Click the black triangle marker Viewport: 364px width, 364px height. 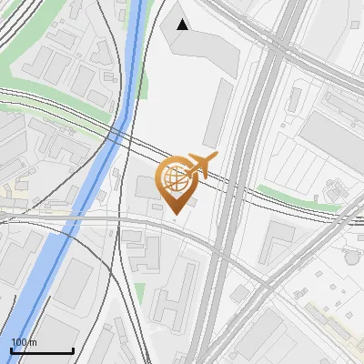pyautogui.click(x=183, y=25)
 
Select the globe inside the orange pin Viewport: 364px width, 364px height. pyautogui.click(x=174, y=176)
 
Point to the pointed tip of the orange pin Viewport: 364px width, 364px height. pyautogui.click(x=174, y=214)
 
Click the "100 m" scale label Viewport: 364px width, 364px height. pyautogui.click(x=24, y=342)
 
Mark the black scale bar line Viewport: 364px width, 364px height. pyautogui.click(x=42, y=351)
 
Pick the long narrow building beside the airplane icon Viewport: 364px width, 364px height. pyautogui.click(x=218, y=114)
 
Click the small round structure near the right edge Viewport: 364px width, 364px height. pyautogui.click(x=351, y=258)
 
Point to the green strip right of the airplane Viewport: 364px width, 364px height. pyautogui.click(x=291, y=197)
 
